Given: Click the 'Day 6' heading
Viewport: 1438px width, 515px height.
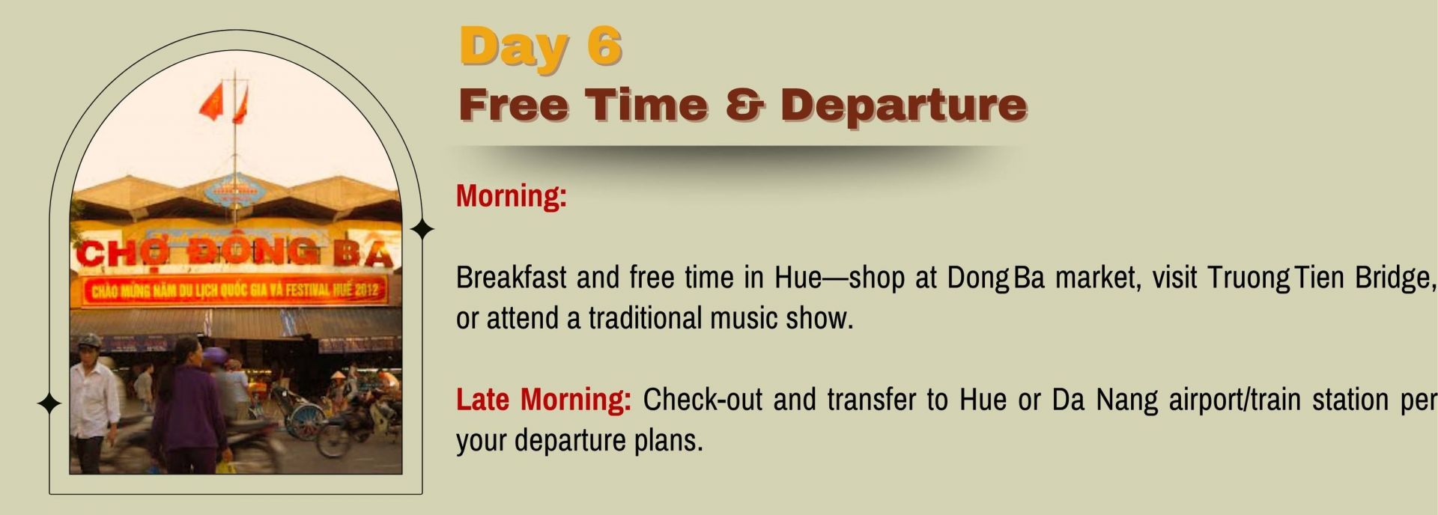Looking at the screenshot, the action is (541, 47).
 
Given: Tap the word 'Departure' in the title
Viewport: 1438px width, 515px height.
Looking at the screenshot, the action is (903, 105).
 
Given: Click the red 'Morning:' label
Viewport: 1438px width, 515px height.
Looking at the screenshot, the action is (512, 196).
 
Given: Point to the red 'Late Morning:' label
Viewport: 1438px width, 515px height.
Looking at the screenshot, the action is (544, 399).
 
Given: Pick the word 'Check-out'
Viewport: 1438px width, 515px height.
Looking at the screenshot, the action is (703, 399).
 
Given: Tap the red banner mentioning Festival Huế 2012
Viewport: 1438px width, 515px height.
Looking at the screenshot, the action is (235, 290).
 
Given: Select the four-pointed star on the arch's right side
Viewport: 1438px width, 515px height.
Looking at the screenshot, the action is (422, 229).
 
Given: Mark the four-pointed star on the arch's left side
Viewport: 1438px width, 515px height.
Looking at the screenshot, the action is (49, 403).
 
